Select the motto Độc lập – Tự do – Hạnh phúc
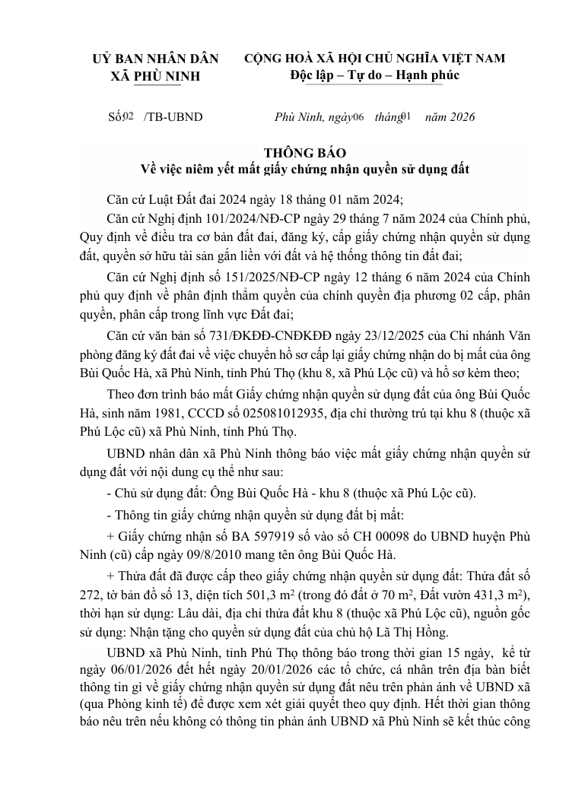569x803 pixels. point(374,75)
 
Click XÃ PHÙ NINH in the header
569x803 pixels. point(155,75)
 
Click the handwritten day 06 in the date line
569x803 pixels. point(359,116)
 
